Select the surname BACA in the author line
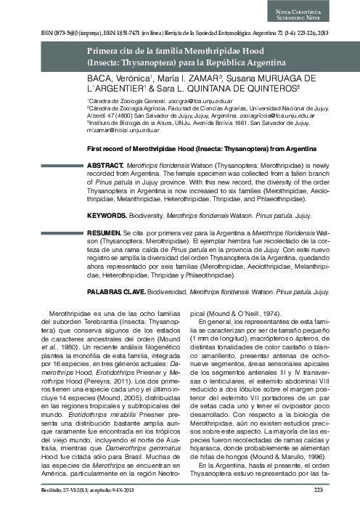click(99, 78)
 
